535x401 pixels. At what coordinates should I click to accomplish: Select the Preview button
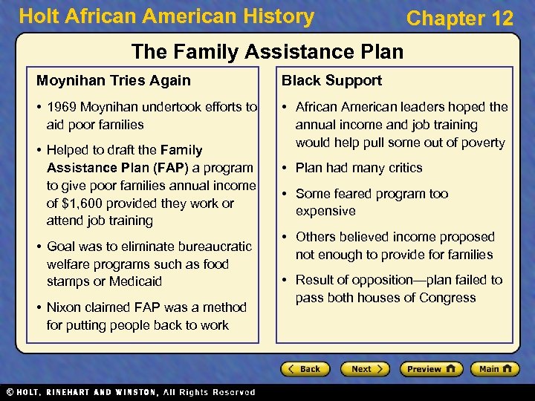point(431,369)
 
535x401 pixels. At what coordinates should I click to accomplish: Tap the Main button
point(495,369)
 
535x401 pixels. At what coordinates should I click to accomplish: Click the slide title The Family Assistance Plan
point(267,51)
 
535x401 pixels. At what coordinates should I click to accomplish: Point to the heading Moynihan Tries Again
point(114,80)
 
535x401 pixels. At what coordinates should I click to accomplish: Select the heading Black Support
point(331,80)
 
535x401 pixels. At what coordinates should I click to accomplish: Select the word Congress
point(447,298)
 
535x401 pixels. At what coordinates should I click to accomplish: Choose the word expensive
point(325,211)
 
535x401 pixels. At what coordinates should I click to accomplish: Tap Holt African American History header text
point(166,16)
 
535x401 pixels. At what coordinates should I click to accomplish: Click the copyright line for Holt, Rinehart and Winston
point(130,392)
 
